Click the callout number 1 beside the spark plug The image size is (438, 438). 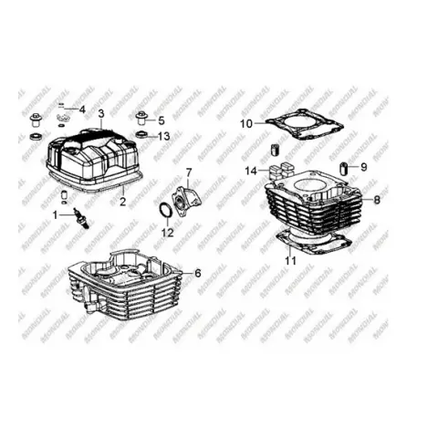point(55,215)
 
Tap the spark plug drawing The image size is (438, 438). point(81,219)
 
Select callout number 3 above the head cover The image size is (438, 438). point(101,114)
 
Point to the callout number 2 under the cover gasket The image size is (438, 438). point(122,202)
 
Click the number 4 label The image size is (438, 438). point(82,109)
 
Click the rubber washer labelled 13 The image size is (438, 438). point(141,134)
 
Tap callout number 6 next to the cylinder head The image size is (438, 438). point(198,273)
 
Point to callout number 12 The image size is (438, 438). point(168,233)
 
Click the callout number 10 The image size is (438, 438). point(246,124)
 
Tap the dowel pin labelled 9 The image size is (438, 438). point(344,168)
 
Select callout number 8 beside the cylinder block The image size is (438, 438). point(377,200)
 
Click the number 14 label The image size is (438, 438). point(251,172)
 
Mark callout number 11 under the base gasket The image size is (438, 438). point(290,260)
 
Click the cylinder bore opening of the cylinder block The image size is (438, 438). point(311,186)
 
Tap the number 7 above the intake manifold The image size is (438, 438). point(189,172)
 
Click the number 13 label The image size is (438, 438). point(164,136)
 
